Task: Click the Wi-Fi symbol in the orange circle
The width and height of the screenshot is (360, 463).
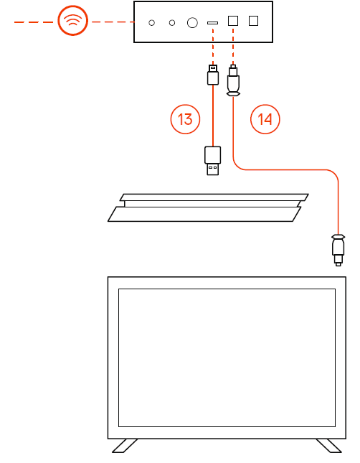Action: [x=72, y=20]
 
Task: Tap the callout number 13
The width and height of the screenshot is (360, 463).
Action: [x=185, y=119]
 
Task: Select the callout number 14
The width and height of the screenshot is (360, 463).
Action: [x=265, y=119]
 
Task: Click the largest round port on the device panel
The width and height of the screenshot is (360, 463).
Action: [x=192, y=23]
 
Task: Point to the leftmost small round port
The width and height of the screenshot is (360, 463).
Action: [x=151, y=23]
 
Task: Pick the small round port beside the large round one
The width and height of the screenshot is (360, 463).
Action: [x=172, y=23]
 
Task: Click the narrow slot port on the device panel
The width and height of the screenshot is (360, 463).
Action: [x=212, y=23]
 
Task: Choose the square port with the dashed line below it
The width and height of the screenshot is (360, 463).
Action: [x=233, y=21]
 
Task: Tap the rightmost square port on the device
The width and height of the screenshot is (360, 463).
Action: [x=253, y=21]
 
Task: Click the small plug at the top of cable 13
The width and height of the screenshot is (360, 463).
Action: [x=213, y=75]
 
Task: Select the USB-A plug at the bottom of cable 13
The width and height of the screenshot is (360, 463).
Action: [x=212, y=161]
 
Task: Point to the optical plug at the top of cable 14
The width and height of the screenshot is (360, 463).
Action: [x=233, y=80]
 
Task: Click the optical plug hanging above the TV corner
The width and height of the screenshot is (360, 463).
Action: [x=338, y=250]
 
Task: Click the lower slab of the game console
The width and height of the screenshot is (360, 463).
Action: [x=204, y=214]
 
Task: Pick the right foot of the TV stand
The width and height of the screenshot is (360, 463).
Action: [x=329, y=446]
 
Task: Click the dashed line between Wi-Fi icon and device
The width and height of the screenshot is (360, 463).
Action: [x=113, y=22]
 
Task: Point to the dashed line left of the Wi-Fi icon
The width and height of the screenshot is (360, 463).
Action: [x=34, y=22]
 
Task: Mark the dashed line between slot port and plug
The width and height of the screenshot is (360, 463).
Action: [x=213, y=47]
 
